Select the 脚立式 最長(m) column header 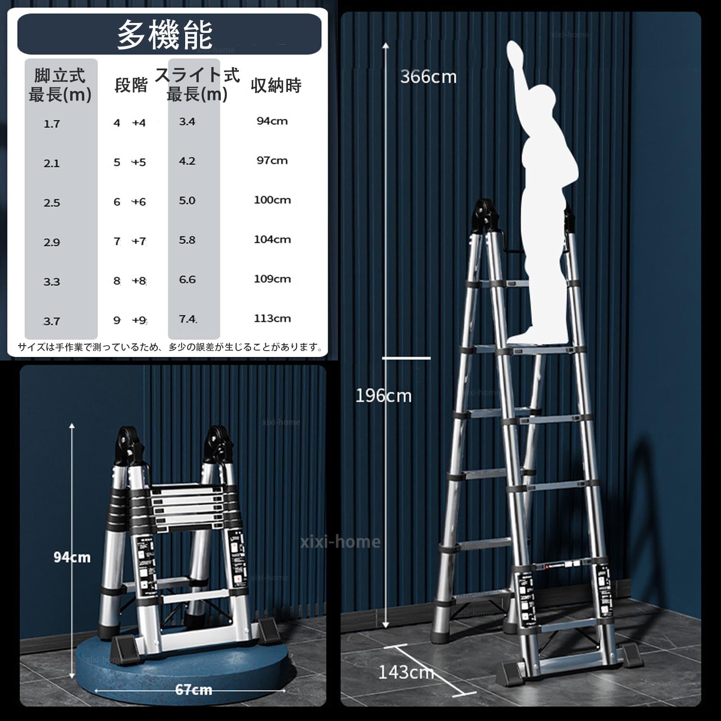point(60,85)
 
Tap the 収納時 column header point(276,85)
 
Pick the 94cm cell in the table point(272,121)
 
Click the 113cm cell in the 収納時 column point(272,318)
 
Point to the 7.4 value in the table point(187,319)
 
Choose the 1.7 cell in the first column point(51,124)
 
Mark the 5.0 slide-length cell point(187,201)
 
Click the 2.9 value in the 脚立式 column point(51,242)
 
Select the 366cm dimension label point(428,77)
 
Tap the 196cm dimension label point(383,396)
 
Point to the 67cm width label point(193,690)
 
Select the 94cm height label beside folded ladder point(72,557)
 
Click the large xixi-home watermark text point(340,541)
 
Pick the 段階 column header point(131,85)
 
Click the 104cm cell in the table point(272,239)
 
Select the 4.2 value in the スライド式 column point(187,161)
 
